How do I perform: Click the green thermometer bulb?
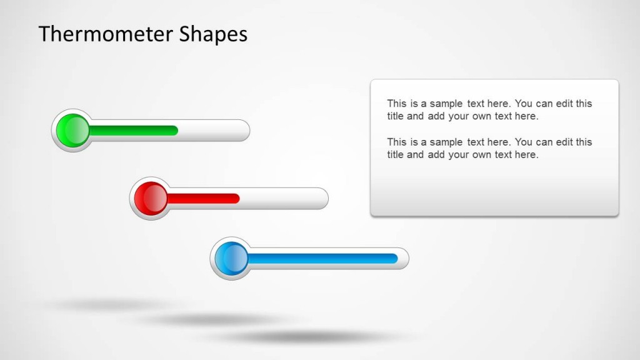point(73,131)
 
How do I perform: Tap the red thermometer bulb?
point(151,199)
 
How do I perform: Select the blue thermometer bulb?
point(231,258)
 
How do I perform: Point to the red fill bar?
point(203,199)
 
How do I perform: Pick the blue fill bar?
point(322,258)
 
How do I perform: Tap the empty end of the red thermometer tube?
point(284,199)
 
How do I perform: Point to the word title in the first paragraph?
point(395,116)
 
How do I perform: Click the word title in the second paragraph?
point(395,154)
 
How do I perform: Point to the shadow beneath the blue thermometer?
point(306,337)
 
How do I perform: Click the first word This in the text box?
point(397,104)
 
